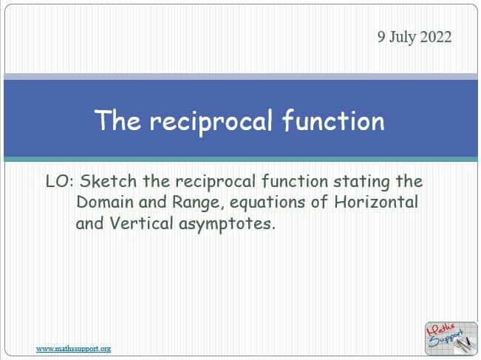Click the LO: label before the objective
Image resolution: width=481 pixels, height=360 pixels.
pyautogui.click(x=58, y=181)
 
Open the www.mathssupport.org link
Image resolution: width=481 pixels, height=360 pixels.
pyautogui.click(x=73, y=348)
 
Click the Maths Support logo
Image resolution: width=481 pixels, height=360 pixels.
pyautogui.click(x=446, y=338)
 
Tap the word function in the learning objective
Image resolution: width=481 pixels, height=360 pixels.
pyautogui.click(x=288, y=181)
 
